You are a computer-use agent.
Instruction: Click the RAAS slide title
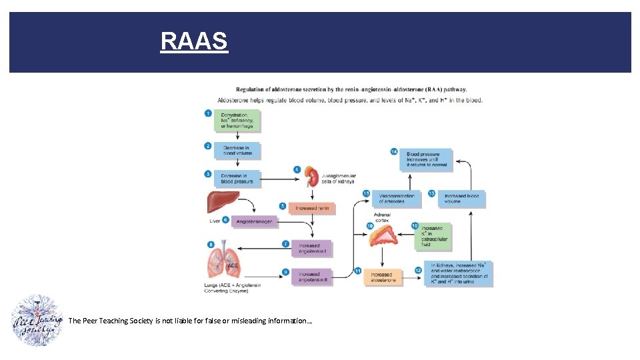click(x=194, y=41)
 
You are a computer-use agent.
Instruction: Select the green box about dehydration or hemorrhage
click(x=237, y=121)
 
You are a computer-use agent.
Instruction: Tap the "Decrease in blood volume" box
click(x=237, y=150)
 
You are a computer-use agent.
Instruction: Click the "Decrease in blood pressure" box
click(x=237, y=179)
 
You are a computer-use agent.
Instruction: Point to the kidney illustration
click(x=310, y=176)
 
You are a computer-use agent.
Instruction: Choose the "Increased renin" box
click(x=312, y=208)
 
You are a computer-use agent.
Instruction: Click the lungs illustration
click(x=223, y=260)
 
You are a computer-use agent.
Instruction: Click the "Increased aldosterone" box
click(x=383, y=277)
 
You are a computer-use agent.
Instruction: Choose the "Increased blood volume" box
click(x=461, y=198)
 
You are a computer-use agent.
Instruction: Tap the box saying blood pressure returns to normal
click(x=427, y=159)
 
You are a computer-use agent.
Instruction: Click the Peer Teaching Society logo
click(x=37, y=320)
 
